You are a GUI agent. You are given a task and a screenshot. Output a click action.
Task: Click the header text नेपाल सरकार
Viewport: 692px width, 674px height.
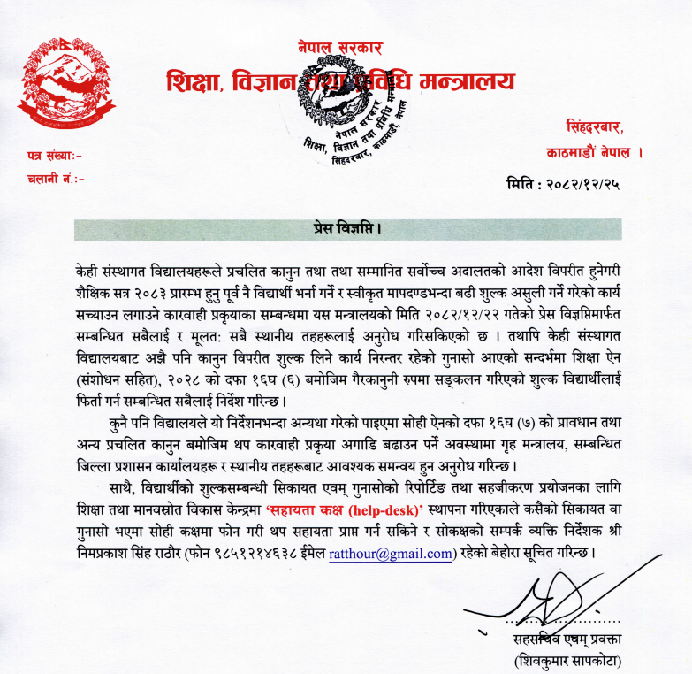[x=340, y=48]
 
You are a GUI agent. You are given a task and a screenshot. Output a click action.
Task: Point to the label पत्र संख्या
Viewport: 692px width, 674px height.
[x=54, y=157]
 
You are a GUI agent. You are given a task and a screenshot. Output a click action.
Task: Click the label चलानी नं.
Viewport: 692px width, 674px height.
[x=56, y=180]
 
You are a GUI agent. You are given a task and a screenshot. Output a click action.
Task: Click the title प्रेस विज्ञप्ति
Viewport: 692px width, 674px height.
[x=349, y=230]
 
